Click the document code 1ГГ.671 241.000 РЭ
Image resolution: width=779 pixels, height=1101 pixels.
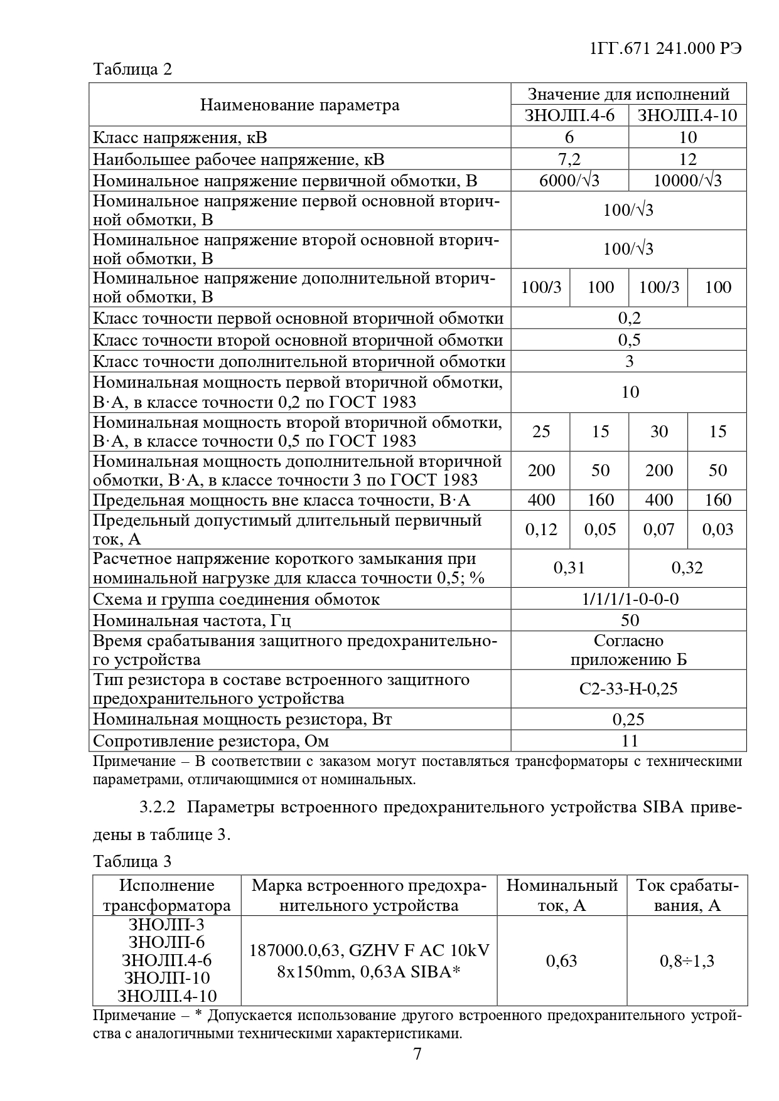coord(666,48)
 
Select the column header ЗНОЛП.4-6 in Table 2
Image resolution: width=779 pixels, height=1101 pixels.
coord(569,115)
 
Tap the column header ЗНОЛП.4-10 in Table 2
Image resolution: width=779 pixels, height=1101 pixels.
coord(687,115)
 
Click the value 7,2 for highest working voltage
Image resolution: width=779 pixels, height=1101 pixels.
coord(569,159)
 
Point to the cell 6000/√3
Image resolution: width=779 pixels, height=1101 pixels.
coord(569,181)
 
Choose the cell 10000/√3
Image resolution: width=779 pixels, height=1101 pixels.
coord(687,181)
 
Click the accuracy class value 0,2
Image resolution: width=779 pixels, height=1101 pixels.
coord(629,318)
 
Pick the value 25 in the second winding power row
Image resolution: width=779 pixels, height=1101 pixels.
coord(541,432)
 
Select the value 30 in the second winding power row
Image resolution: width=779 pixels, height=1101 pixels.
coord(658,432)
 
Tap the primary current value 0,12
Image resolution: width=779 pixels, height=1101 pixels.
coord(541,529)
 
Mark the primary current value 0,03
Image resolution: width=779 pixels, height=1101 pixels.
coord(717,529)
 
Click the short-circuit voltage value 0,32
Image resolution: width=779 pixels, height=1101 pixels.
coord(687,568)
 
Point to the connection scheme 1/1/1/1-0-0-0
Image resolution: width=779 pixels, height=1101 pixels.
coord(629,599)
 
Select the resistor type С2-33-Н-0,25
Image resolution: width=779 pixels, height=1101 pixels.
coord(629,689)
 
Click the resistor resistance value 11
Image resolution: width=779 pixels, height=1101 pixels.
coord(629,741)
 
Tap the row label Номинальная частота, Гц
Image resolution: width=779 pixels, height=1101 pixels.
coord(192,620)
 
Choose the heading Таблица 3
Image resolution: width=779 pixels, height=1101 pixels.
coord(132,861)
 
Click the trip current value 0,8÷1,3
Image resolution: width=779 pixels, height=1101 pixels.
coord(687,960)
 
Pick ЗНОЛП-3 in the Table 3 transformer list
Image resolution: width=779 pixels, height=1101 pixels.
coord(166,925)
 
